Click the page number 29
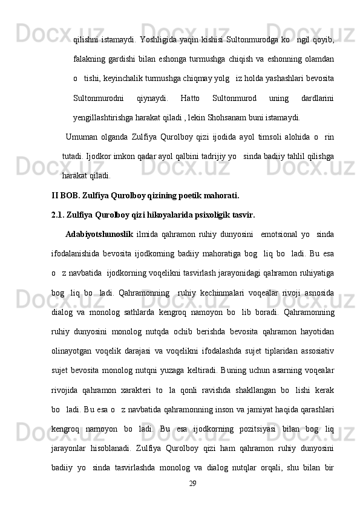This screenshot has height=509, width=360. point(193,484)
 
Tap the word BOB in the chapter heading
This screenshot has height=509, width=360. point(73,196)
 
